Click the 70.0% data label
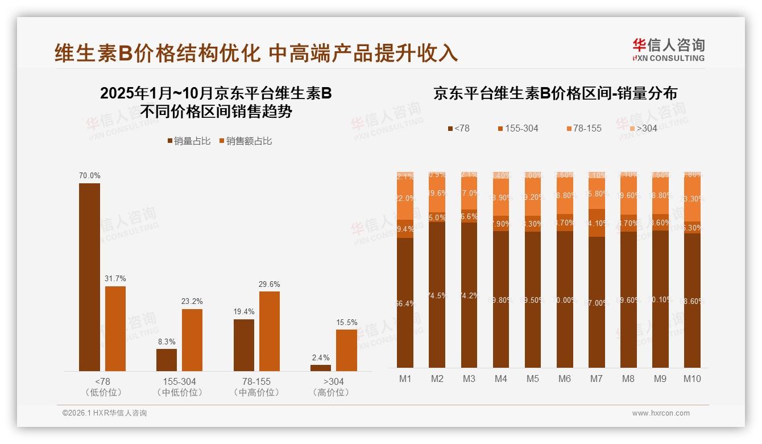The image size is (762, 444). [x=89, y=176]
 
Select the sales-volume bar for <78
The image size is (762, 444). [x=89, y=277]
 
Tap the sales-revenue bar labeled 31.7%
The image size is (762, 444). [x=115, y=328]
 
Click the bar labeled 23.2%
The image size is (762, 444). [x=192, y=340]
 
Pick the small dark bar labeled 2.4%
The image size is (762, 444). [x=321, y=368]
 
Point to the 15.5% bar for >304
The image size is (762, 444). [x=346, y=350]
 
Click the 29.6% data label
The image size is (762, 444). [x=270, y=284]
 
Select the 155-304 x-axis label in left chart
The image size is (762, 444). [x=179, y=381]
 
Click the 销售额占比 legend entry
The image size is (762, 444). [x=245, y=141]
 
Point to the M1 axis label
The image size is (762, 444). [x=405, y=379]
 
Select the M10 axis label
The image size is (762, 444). [x=691, y=379]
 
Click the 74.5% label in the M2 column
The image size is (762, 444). [x=437, y=295]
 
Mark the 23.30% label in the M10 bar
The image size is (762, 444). [x=692, y=199]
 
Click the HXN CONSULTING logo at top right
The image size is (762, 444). [x=668, y=50]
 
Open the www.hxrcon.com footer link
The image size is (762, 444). [x=661, y=413]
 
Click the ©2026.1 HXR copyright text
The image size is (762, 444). [x=105, y=413]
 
